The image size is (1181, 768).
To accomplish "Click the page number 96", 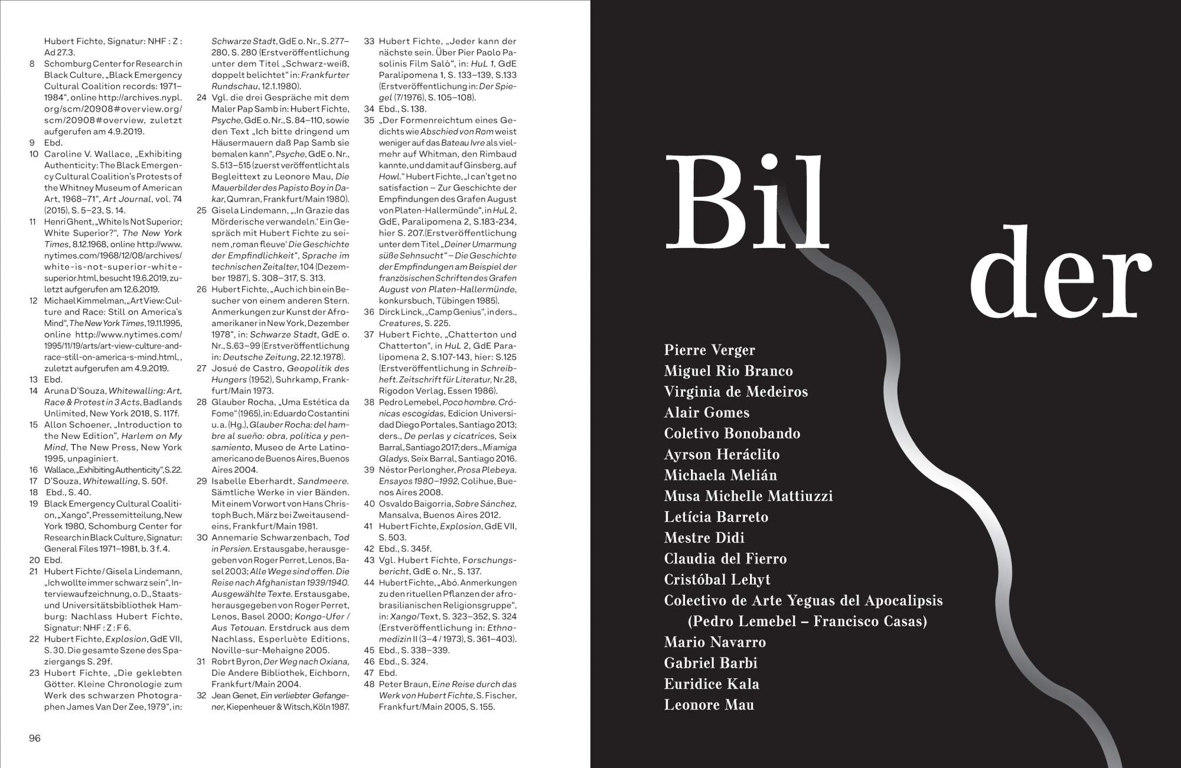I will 35,738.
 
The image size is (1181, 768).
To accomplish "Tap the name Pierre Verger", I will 709,350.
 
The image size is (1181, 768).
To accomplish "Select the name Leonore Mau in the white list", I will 709,705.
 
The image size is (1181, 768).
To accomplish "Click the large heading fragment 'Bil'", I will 746,203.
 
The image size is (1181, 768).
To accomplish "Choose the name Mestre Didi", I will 704,538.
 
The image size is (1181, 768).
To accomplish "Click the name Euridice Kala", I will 712,684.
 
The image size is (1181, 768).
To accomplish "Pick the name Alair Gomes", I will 706,413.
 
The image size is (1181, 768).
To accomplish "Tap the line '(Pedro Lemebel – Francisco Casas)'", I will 807,621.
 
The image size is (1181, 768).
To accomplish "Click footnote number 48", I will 369,684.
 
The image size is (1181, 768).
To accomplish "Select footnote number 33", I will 369,41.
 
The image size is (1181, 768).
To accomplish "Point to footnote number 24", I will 201,98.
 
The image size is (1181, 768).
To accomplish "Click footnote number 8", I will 32,64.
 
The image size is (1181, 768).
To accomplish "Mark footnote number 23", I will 34,673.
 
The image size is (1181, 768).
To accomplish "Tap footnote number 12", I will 34,301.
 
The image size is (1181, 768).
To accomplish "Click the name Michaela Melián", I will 720,476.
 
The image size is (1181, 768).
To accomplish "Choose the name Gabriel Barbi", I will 710,663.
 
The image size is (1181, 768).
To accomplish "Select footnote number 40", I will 369,504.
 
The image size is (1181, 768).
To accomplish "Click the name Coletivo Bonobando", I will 732,434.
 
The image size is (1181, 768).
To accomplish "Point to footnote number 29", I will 201,481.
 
